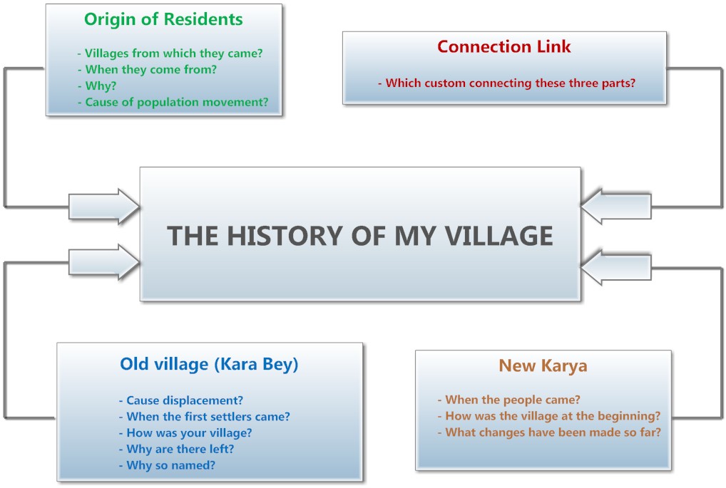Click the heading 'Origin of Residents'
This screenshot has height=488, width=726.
pyautogui.click(x=163, y=19)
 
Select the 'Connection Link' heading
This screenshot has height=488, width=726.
pyautogui.click(x=503, y=47)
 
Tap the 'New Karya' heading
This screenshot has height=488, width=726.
pyautogui.click(x=543, y=366)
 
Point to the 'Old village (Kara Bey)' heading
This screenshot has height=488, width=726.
pyautogui.click(x=209, y=364)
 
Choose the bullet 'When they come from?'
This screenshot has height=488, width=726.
pyautogui.click(x=150, y=70)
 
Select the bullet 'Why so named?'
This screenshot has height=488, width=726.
pyautogui.click(x=170, y=466)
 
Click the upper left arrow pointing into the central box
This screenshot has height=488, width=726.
pyautogui.click(x=103, y=207)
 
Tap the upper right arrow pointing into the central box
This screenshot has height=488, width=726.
pyautogui.click(x=616, y=207)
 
